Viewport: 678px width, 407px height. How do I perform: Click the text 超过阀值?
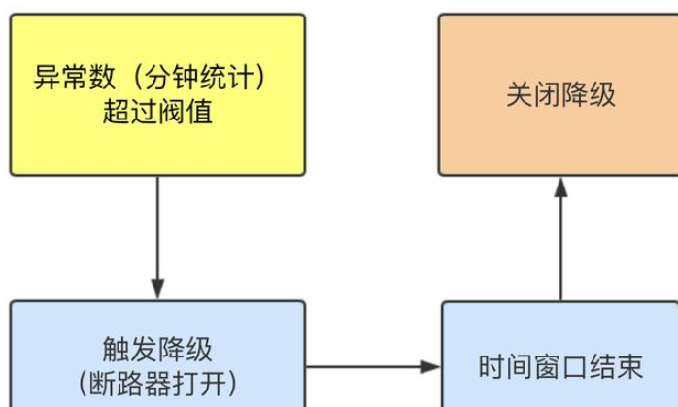pyautogui.click(x=157, y=113)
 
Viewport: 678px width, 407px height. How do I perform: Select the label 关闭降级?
pyautogui.click(x=560, y=94)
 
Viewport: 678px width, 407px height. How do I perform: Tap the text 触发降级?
pyautogui.click(x=157, y=348)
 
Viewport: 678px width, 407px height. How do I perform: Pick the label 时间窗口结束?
pyautogui.click(x=560, y=367)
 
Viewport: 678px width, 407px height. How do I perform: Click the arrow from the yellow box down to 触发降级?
pyautogui.click(x=157, y=233)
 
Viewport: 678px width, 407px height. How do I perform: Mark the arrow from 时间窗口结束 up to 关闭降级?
pyautogui.click(x=560, y=243)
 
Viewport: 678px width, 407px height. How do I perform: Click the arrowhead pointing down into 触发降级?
pyautogui.click(x=157, y=289)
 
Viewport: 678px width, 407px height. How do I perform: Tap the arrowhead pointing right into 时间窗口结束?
pyautogui.click(x=430, y=367)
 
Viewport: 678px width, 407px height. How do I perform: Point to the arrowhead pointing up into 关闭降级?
pyautogui.click(x=560, y=187)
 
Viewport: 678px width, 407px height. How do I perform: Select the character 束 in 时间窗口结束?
pyautogui.click(x=628, y=367)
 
